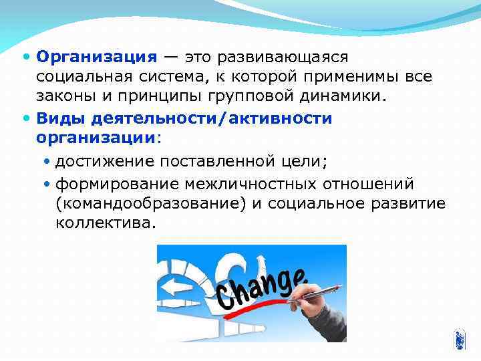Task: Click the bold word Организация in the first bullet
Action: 97,57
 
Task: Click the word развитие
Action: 410,203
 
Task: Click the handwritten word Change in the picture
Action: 261,287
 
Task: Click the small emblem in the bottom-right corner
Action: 458,340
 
